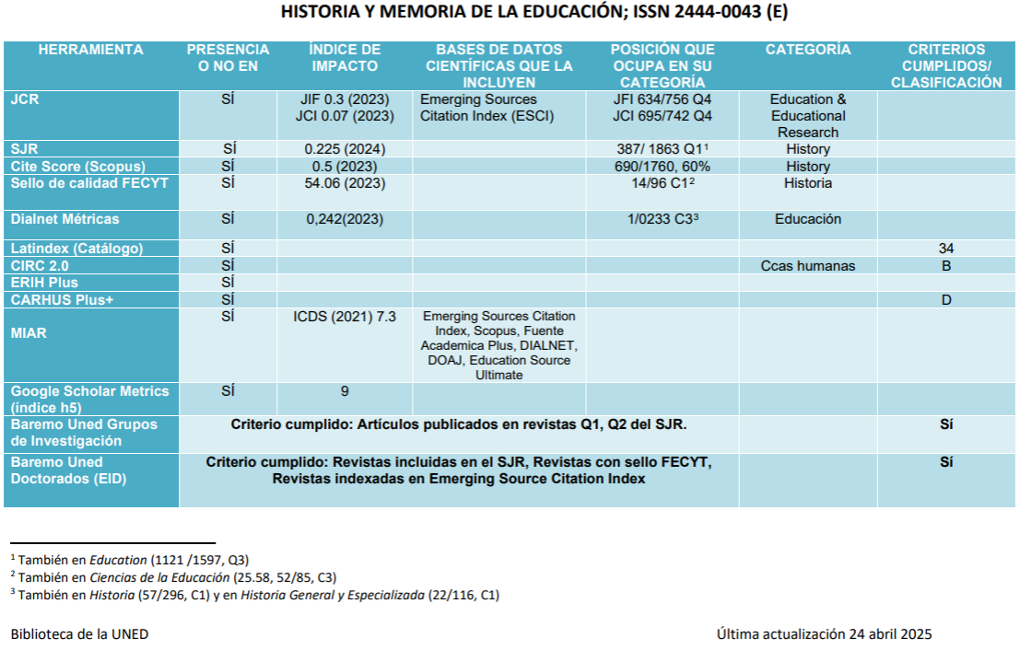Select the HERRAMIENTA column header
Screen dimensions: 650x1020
[90, 50]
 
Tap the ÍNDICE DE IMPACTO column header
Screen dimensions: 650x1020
[345, 57]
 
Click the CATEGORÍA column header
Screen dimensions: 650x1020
[808, 50]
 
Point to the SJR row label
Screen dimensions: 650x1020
[24, 148]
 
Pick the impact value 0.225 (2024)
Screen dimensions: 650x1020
[345, 148]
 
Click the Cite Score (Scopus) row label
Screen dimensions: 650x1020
[76, 166]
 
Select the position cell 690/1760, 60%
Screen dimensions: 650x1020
[662, 166]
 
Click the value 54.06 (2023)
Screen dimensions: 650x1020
[345, 183]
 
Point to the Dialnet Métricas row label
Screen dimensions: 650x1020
[64, 219]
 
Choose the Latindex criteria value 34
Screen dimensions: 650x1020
[946, 248]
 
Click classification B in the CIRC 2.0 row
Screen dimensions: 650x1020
[946, 265]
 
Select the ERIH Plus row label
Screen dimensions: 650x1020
[44, 283]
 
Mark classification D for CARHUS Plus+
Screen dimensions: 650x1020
[946, 300]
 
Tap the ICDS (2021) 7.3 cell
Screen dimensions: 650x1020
[345, 316]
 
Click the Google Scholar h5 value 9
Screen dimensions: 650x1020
[345, 390]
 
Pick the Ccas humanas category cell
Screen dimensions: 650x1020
[808, 265]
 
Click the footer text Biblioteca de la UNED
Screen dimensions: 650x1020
[79, 633]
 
